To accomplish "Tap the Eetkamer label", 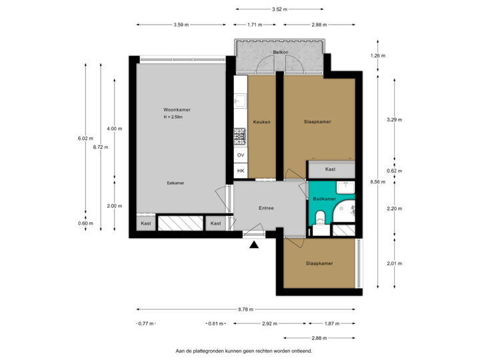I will click(x=175, y=182).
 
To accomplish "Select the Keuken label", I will click(x=261, y=122).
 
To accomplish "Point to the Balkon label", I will click(x=280, y=52).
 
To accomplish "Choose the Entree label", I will click(x=267, y=209).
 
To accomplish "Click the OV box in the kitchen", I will click(x=241, y=155).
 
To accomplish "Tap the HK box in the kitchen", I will click(x=241, y=171).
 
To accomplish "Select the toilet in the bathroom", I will click(x=321, y=215).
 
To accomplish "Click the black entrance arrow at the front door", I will click(x=254, y=245).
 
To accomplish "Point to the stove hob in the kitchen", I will click(x=240, y=137).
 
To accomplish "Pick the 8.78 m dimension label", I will click(x=245, y=309).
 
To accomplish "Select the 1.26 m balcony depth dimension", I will click(x=377, y=56).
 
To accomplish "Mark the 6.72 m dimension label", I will click(x=100, y=147).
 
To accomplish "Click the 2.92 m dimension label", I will click(x=269, y=323).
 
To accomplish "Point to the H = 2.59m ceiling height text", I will click(x=173, y=117).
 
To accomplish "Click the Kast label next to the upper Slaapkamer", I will click(x=331, y=169).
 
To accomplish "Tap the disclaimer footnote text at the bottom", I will click(x=244, y=350).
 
